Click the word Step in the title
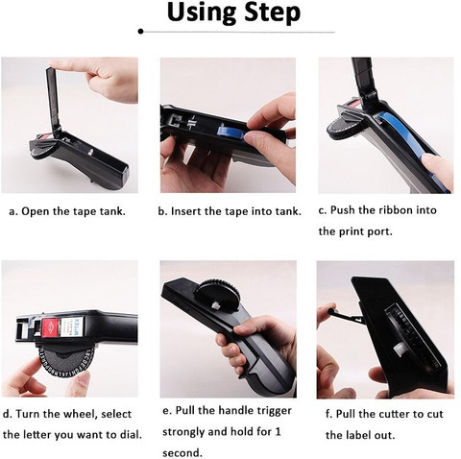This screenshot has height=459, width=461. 272,13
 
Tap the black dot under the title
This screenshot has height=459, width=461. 140,31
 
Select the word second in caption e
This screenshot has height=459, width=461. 182,453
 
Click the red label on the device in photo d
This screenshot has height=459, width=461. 50,326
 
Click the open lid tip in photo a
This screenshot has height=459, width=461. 50,69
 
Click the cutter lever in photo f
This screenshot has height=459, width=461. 345,316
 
